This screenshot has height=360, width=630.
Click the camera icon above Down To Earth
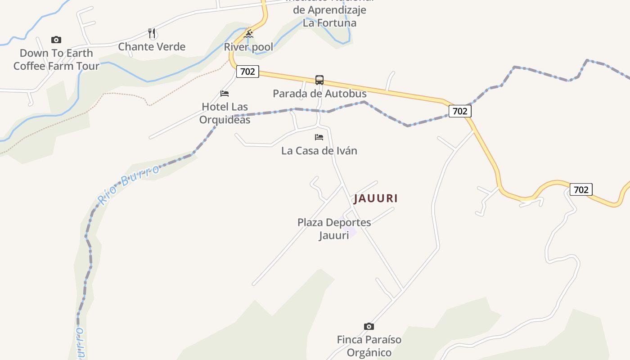[56, 40]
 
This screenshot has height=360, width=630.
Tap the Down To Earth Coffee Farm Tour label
[56, 59]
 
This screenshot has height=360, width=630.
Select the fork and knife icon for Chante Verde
[152, 33]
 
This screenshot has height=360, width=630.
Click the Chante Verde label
[152, 46]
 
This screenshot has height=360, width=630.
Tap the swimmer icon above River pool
[248, 34]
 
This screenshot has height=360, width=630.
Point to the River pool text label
[248, 47]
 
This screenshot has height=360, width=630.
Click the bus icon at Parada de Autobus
[319, 80]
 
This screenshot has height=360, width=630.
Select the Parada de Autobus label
[319, 94]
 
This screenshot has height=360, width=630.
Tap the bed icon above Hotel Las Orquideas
[225, 94]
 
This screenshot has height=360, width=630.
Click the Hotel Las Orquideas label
[225, 113]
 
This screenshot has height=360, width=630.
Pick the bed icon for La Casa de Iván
[319, 137]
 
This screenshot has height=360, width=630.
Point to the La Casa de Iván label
[319, 151]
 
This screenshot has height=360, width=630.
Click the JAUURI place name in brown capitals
[376, 198]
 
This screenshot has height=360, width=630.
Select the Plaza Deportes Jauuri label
[334, 229]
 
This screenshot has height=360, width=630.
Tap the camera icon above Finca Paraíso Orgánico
[369, 326]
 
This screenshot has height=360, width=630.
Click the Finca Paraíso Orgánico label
[369, 346]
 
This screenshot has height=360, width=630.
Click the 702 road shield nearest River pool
[247, 72]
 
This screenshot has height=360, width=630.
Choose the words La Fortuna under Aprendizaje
[329, 23]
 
